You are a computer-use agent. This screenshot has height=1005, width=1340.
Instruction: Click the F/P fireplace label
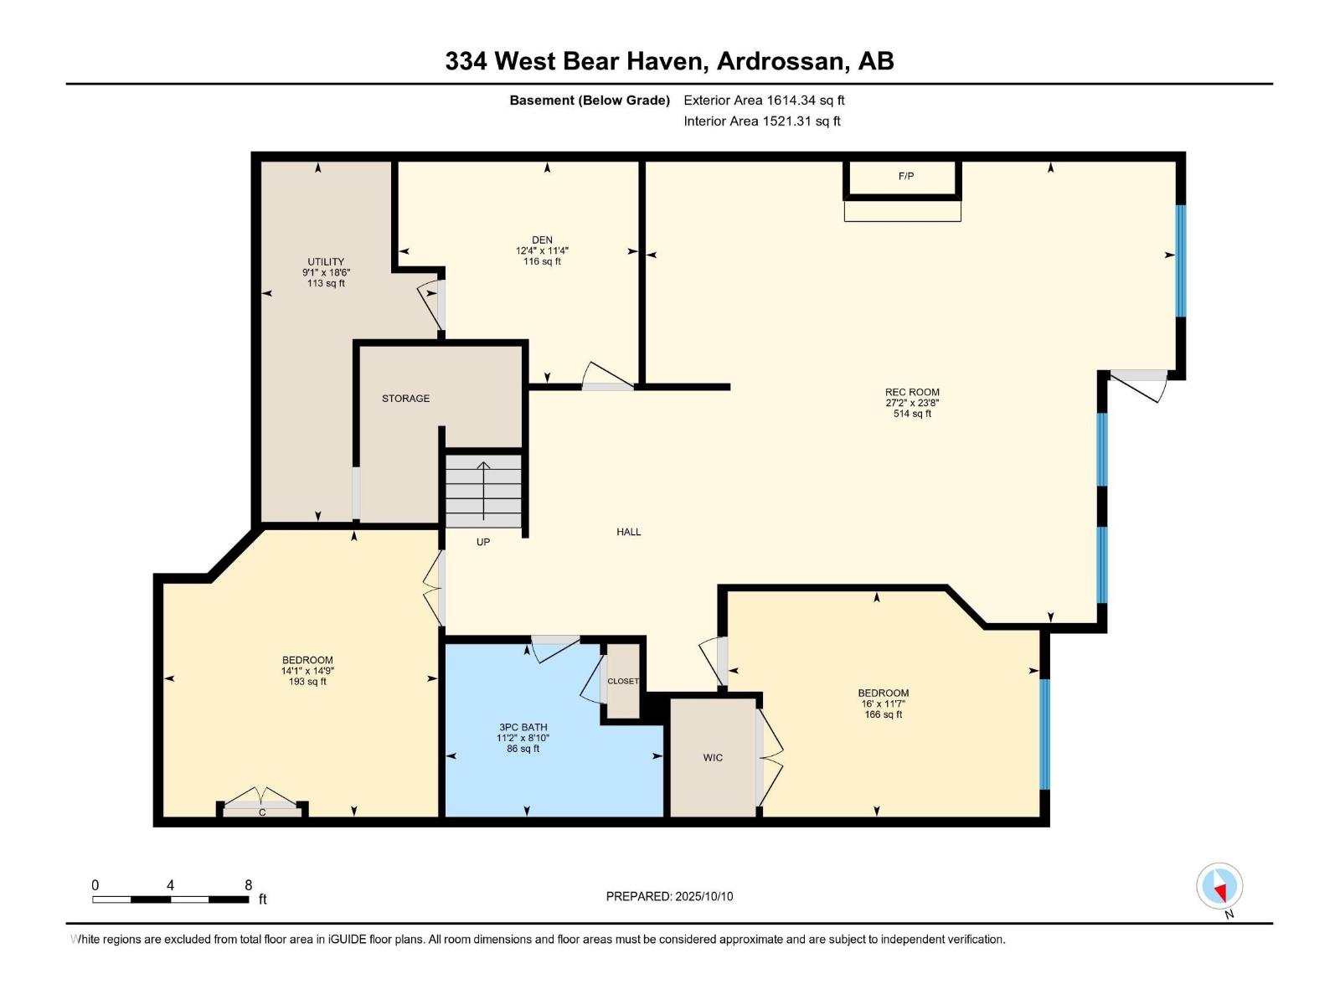pyautogui.click(x=905, y=176)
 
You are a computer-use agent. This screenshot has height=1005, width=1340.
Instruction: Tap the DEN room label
pyautogui.click(x=542, y=240)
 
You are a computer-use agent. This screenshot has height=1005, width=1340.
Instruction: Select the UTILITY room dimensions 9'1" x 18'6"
pyautogui.click(x=326, y=272)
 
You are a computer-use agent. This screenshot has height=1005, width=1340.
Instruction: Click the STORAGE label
pyautogui.click(x=405, y=399)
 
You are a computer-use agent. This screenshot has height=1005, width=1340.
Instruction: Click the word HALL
pyautogui.click(x=628, y=532)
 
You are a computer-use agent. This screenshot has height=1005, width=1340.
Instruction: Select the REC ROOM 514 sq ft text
pyautogui.click(x=912, y=414)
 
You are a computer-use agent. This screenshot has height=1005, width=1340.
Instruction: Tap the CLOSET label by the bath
pyautogui.click(x=622, y=681)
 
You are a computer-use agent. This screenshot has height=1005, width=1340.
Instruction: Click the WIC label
pyautogui.click(x=713, y=758)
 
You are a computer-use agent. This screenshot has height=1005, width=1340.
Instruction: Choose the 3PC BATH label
pyautogui.click(x=523, y=727)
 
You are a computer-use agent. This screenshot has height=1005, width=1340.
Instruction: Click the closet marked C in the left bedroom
pyautogui.click(x=262, y=812)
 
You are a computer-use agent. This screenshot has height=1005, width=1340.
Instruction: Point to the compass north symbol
pyautogui.click(x=1219, y=887)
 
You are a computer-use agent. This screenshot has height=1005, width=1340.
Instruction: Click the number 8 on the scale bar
pyautogui.click(x=248, y=885)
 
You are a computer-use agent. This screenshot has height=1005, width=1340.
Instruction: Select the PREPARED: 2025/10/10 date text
pyautogui.click(x=669, y=896)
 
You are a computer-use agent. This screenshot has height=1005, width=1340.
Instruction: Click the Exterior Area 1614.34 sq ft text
pyautogui.click(x=764, y=100)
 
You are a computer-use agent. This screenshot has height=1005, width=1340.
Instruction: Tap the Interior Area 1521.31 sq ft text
pyautogui.click(x=761, y=121)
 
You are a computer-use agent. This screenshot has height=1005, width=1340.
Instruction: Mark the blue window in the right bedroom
pyautogui.click(x=1044, y=734)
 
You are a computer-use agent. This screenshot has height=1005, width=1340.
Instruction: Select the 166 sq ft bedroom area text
pyautogui.click(x=883, y=714)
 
